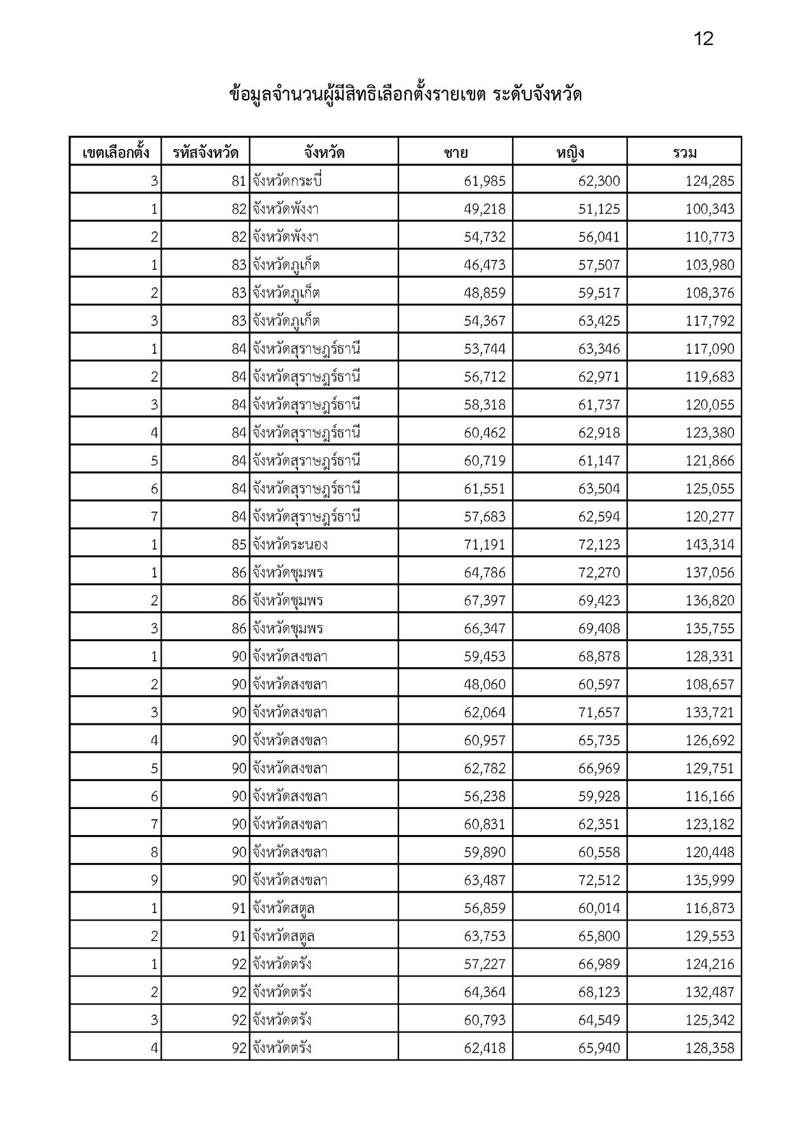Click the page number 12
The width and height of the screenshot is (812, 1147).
704,39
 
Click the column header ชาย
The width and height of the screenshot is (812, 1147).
455,153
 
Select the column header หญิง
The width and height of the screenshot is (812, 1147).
570,153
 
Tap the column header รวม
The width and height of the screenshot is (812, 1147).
684,153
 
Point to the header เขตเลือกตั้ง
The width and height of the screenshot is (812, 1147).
115,153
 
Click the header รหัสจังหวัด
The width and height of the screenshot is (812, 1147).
206,153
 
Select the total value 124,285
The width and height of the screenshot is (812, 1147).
709,181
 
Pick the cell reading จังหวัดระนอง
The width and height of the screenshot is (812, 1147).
290,545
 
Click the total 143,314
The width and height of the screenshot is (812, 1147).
709,545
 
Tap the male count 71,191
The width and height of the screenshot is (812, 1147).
485,545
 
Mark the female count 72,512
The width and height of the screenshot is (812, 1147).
599,880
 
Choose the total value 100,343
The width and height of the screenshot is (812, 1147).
709,209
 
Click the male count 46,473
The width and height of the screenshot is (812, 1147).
485,265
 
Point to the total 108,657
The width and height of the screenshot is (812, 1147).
709,685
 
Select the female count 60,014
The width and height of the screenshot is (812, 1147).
599,908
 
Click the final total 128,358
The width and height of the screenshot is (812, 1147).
709,1048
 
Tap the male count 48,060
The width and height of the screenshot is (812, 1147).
485,685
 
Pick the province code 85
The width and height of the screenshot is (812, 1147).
239,545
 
